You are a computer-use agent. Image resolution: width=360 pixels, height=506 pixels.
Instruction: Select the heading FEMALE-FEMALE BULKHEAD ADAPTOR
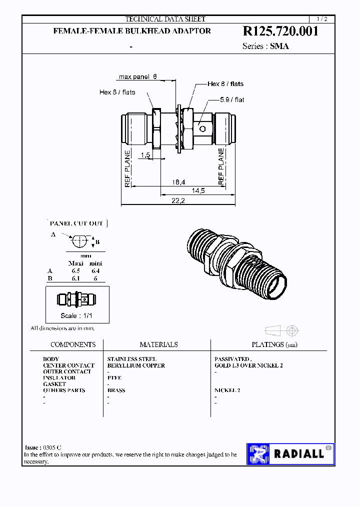point(132,31)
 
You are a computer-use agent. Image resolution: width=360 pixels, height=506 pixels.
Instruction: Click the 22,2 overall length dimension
point(178,200)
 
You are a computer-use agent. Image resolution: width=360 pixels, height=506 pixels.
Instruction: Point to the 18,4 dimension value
point(178,182)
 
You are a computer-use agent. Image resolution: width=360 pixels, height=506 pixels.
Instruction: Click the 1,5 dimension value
point(145,155)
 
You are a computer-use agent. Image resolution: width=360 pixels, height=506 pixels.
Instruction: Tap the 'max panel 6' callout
point(138,77)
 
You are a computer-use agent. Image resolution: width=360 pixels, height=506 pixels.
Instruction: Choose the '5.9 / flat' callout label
point(232,100)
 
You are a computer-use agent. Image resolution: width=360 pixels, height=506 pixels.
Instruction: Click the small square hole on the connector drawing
point(203,128)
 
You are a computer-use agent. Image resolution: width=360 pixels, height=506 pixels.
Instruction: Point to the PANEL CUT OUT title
point(76,223)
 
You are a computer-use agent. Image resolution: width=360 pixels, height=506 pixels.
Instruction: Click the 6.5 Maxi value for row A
point(75,270)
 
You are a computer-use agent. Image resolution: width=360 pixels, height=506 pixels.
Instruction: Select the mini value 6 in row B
point(95,278)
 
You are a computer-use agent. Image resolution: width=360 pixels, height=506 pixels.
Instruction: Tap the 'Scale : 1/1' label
point(76,315)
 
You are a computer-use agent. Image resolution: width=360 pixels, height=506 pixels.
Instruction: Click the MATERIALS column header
point(158,344)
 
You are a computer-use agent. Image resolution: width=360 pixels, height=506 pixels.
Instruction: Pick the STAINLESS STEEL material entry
point(131,359)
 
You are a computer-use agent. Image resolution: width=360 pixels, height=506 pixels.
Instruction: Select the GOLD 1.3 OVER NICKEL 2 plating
point(248,365)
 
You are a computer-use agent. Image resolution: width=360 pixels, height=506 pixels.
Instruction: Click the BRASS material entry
point(116,390)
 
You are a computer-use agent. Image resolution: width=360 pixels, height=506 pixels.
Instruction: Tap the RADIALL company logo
point(290,454)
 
